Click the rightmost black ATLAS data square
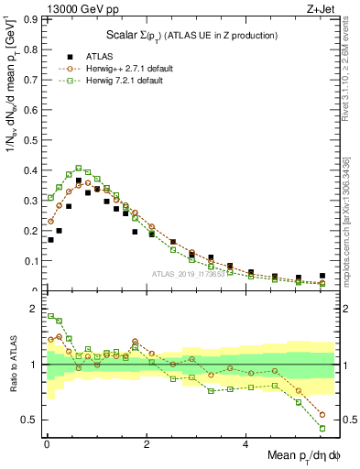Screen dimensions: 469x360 (322, 276)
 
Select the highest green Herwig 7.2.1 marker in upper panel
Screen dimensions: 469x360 (79, 168)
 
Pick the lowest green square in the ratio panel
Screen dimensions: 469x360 (322, 428)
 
